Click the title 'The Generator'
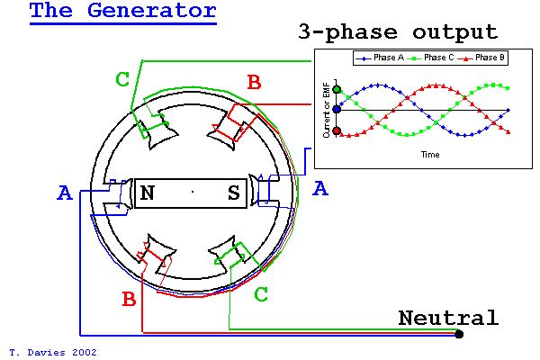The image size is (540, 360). point(123,10)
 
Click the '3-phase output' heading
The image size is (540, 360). point(398,32)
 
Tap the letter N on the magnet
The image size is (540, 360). point(148,193)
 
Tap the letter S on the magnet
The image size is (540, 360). point(234,193)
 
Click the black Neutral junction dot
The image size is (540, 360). point(459,334)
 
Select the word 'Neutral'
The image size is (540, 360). point(448,318)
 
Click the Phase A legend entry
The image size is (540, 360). point(379,58)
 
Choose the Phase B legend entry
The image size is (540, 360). point(481,58)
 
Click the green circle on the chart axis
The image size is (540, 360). point(337,90)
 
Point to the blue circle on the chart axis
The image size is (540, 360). point(337,110)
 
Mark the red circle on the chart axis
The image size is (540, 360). point(337,130)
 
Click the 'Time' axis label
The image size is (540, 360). point(430,154)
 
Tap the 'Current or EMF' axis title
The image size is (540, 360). point(327,110)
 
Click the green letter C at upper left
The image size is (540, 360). point(122,79)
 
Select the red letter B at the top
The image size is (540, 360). point(254,83)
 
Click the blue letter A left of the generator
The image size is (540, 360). point(65,193)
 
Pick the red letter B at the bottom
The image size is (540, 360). point(129,299)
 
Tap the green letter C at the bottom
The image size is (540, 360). point(261,294)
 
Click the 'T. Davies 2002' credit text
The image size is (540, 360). point(53,353)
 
